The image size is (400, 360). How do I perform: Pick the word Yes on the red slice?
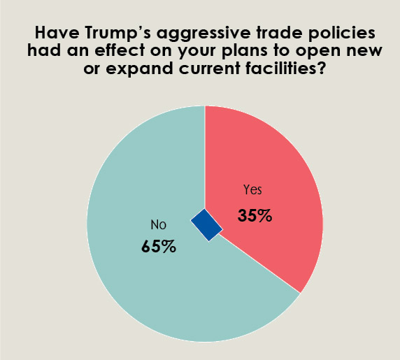252,190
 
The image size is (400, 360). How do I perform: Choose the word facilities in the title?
286,71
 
